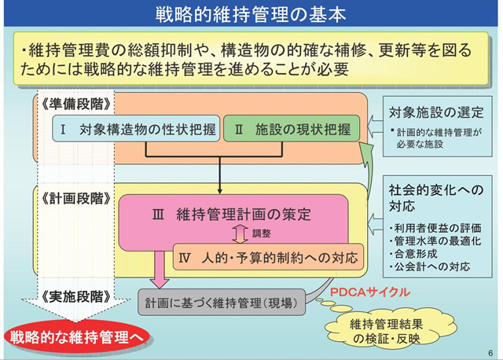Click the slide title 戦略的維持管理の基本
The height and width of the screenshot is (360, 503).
251,14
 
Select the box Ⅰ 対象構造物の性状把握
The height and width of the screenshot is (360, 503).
135,129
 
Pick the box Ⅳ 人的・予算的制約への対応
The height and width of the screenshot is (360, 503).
268,256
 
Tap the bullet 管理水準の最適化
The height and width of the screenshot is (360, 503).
435,241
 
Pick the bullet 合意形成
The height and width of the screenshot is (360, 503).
417,254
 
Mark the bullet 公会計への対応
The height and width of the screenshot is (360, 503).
432,266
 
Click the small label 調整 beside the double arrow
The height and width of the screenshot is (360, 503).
261,233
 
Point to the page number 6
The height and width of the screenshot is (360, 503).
489,352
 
